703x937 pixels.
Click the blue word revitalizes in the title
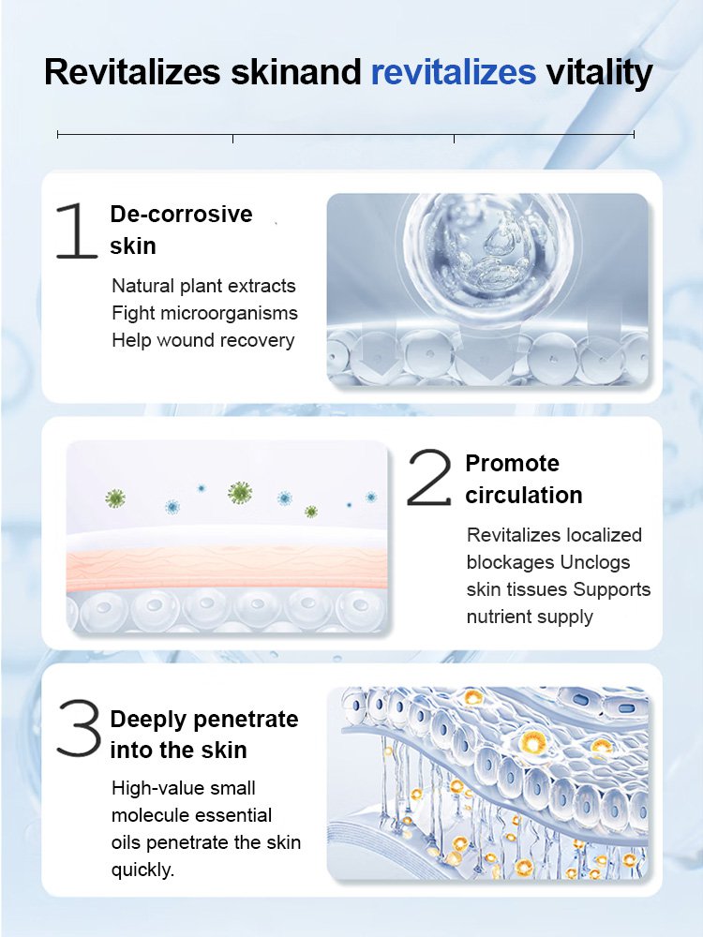point(454,72)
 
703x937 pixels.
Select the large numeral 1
point(76,231)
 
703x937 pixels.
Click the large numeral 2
point(430,480)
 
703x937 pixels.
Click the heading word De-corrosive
point(181,214)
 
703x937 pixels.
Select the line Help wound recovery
point(202,340)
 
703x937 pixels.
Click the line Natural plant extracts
point(203,286)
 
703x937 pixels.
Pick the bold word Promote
point(512,463)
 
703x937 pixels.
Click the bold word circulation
point(523,495)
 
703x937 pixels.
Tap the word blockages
point(511,562)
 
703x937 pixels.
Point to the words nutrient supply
point(530,617)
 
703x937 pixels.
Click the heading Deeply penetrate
point(203,720)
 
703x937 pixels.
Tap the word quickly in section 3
point(142,870)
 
